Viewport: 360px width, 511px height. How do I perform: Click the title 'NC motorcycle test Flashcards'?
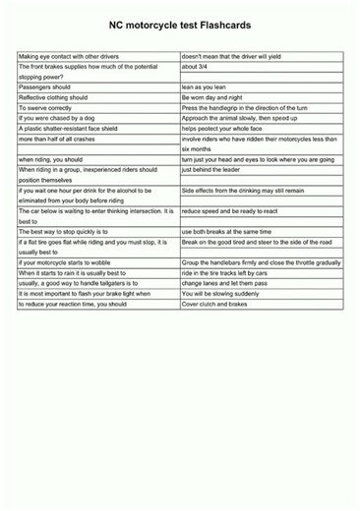pos(180,30)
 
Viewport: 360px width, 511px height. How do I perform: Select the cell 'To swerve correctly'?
pos(46,108)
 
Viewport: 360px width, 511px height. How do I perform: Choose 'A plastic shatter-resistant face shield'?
pos(74,129)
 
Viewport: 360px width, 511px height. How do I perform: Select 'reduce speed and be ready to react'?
pos(227,210)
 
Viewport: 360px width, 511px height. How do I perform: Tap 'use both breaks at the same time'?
pos(225,231)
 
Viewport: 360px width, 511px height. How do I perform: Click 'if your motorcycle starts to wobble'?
pos(68,262)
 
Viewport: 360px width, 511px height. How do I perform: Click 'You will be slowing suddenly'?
pos(220,293)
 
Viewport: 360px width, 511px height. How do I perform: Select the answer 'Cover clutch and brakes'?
pos(215,304)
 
